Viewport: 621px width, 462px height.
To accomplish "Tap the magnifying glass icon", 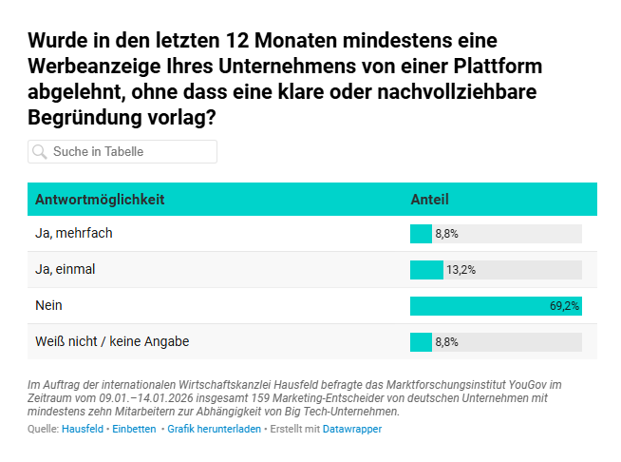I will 40,152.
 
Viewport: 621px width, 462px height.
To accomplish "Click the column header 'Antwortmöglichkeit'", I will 100,200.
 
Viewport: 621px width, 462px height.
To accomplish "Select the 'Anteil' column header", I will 429,200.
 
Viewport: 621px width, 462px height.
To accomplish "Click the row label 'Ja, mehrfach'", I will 74,233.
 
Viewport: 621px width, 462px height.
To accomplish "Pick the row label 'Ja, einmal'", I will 66,269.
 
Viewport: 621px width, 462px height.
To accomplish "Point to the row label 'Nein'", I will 48,305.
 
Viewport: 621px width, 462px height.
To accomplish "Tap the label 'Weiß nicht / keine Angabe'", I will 119,341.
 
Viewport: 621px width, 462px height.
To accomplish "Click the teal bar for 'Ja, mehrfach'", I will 421,234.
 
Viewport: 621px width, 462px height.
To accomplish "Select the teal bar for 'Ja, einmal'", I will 426,270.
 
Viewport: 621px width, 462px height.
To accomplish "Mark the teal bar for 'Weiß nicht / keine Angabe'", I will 421,342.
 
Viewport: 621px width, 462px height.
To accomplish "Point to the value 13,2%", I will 461,270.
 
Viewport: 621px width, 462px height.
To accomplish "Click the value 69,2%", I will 564,306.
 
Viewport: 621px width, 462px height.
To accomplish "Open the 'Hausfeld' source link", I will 83,430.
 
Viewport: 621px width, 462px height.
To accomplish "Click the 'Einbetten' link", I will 134,430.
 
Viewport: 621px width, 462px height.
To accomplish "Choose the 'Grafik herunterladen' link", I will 214,430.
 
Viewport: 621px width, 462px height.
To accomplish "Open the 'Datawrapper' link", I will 351,430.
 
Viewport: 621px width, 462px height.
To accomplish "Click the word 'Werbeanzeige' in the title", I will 89,68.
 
